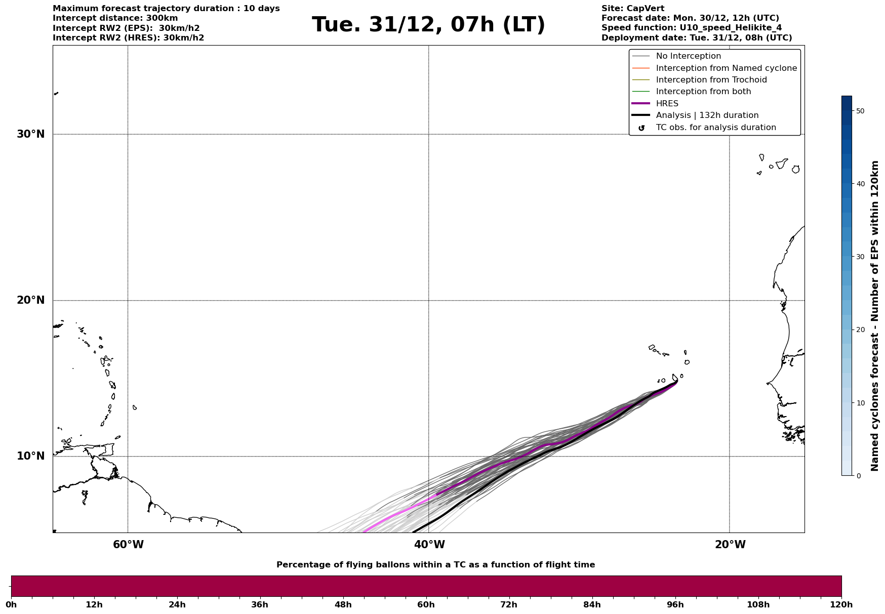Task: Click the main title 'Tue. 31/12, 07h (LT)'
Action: pos(428,25)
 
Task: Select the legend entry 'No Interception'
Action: pos(689,56)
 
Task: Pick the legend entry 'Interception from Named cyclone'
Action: pos(727,68)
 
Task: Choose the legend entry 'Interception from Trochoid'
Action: pos(711,80)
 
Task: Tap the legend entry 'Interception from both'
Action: pos(703,92)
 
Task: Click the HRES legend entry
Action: pos(667,104)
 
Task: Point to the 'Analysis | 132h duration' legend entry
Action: pos(707,115)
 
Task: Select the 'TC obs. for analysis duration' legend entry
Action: pos(716,128)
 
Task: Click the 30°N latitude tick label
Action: pos(30,134)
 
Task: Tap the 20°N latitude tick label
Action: pos(30,300)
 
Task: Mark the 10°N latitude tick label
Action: pos(30,456)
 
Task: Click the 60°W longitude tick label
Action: pos(128,545)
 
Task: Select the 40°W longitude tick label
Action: pos(429,545)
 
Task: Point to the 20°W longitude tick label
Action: pos(730,545)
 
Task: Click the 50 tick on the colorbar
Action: pos(860,111)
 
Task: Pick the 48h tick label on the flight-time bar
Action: pos(343,604)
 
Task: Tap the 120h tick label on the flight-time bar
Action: pos(841,604)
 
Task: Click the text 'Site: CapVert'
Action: pos(633,9)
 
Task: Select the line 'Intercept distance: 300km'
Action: pos(115,18)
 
